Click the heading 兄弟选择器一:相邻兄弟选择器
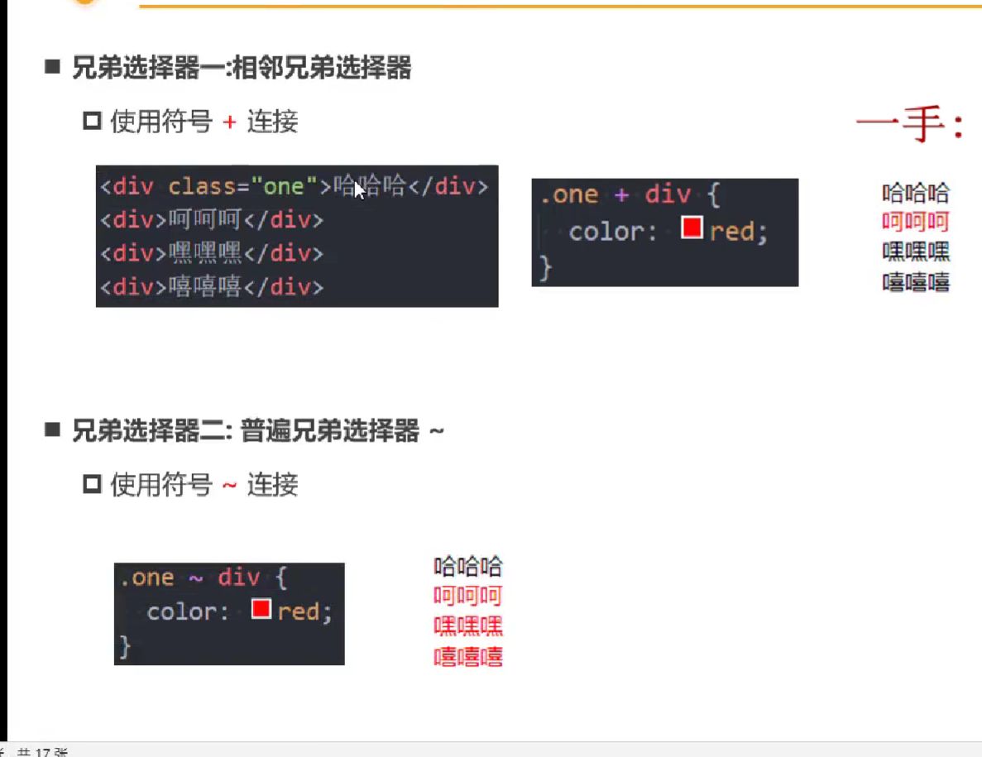click(x=242, y=68)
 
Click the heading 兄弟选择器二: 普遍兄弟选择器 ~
click(x=257, y=430)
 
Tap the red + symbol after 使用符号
click(x=230, y=122)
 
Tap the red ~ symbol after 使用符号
click(x=230, y=485)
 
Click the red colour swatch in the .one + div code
click(x=692, y=228)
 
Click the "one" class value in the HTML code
click(x=284, y=186)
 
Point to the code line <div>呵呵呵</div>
click(x=212, y=220)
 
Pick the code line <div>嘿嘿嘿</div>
click(x=212, y=253)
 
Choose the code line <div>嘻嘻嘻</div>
click(x=212, y=287)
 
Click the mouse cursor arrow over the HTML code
click(x=359, y=191)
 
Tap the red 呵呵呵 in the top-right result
click(x=916, y=223)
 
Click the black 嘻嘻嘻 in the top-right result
click(x=916, y=283)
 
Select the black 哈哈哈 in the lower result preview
click(x=468, y=567)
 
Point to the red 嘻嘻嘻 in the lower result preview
click(x=468, y=657)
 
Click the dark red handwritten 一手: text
click(x=909, y=127)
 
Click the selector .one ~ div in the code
click(x=190, y=577)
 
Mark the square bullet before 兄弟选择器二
click(x=54, y=429)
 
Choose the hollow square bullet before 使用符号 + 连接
click(x=92, y=122)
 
